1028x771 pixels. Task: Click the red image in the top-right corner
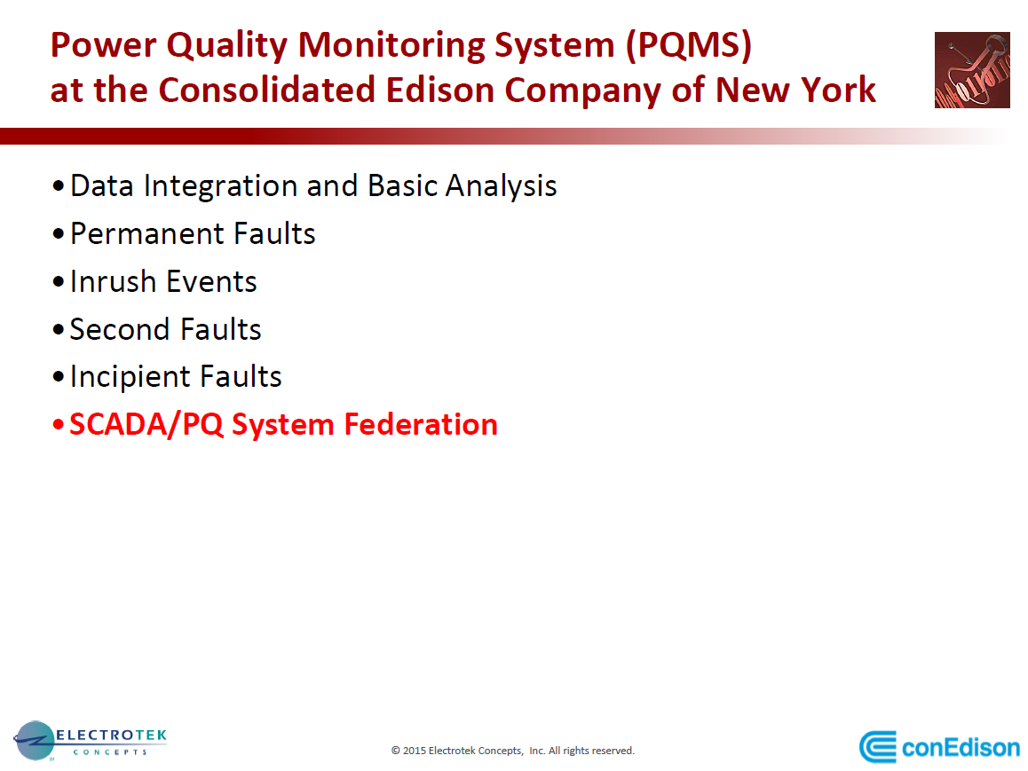pos(972,70)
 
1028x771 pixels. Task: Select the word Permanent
pos(147,233)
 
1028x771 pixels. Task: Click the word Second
pos(117,329)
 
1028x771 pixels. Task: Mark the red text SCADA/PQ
pos(146,424)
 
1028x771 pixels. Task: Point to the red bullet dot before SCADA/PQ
pos(59,426)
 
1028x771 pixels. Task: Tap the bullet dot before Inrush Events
pos(59,282)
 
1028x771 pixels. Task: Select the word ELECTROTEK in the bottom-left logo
pos(112,736)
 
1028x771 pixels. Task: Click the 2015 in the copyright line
pos(414,751)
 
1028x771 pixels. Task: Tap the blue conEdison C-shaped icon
pos(878,747)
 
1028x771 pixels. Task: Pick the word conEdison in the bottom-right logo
pos(961,747)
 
